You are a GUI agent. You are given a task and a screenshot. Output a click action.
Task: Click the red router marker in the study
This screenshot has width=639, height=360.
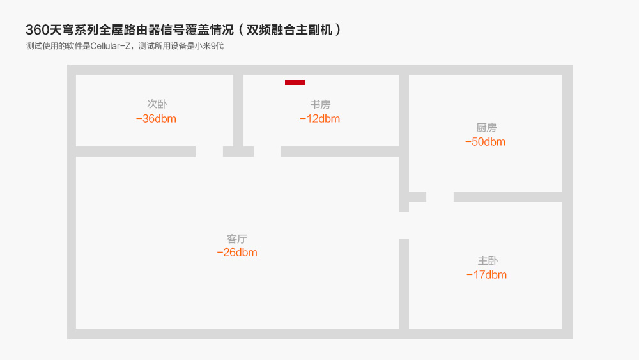pos(295,82)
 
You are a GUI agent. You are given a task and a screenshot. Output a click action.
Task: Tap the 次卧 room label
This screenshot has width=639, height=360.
pos(157,104)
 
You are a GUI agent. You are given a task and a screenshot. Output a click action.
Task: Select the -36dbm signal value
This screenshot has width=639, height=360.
pos(156,119)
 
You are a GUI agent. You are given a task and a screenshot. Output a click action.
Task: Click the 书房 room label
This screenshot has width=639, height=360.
pos(320,104)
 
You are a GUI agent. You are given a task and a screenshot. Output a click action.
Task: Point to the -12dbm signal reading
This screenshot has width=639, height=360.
pos(319,119)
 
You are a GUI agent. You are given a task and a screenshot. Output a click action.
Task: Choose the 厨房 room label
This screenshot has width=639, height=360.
pos(486,128)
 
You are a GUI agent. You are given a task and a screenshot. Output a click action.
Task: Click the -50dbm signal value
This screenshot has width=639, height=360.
pos(485,142)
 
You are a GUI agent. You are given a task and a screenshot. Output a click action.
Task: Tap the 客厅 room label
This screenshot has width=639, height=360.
pos(237,239)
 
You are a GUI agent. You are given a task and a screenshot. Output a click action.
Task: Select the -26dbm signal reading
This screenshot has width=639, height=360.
pos(236,253)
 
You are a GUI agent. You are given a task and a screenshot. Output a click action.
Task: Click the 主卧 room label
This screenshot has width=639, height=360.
pos(488,261)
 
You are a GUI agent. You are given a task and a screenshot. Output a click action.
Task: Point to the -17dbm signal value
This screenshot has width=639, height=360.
pos(486,275)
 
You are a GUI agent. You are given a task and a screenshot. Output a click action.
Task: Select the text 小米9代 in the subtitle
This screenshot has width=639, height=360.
pos(208,47)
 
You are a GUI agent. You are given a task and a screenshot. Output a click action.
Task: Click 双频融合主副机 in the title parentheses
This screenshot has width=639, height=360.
pos(289,30)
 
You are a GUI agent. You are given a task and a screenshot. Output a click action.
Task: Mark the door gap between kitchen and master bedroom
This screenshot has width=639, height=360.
pos(440,197)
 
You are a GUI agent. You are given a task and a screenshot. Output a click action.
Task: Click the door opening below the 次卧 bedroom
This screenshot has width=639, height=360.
pos(209,152)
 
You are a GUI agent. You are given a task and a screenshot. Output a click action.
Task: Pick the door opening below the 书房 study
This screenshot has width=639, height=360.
pos(267,152)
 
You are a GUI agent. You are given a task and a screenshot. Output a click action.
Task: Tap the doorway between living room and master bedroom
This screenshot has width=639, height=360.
pos(404,225)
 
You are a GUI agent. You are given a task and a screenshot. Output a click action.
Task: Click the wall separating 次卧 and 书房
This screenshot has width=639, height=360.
pos(238,110)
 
